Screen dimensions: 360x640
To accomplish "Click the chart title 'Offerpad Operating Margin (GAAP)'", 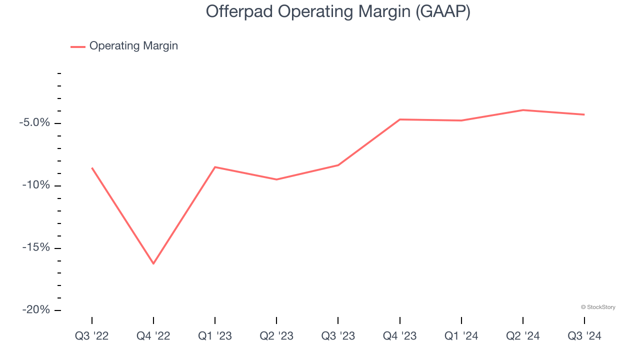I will point(338,12).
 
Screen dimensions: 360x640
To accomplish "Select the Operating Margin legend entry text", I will point(133,46).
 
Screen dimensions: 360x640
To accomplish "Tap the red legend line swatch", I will point(78,46).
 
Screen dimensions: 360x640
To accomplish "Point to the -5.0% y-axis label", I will point(34,123).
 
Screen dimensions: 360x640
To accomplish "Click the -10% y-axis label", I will point(36,185).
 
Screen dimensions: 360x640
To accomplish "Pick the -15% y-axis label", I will point(36,248).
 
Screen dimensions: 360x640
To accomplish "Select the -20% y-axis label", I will point(36,310).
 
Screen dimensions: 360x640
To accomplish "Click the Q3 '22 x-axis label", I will point(91,336).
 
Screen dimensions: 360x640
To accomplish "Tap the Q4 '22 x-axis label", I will point(153,336).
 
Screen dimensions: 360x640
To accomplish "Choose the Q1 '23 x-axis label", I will point(215,336).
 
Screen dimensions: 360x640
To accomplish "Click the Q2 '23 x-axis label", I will point(276,336).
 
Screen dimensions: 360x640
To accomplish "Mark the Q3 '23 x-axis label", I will point(338,336).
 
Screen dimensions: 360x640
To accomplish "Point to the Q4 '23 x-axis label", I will point(400,336).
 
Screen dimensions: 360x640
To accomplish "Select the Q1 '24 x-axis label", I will point(461,336).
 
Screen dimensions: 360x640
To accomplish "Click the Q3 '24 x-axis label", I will point(584,336).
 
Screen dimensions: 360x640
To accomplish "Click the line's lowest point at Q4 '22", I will point(153,263).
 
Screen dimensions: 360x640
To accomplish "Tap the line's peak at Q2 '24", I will point(523,110).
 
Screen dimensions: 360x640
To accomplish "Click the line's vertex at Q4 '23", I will point(400,119).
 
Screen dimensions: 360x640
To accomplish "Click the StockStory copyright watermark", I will point(598,307).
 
